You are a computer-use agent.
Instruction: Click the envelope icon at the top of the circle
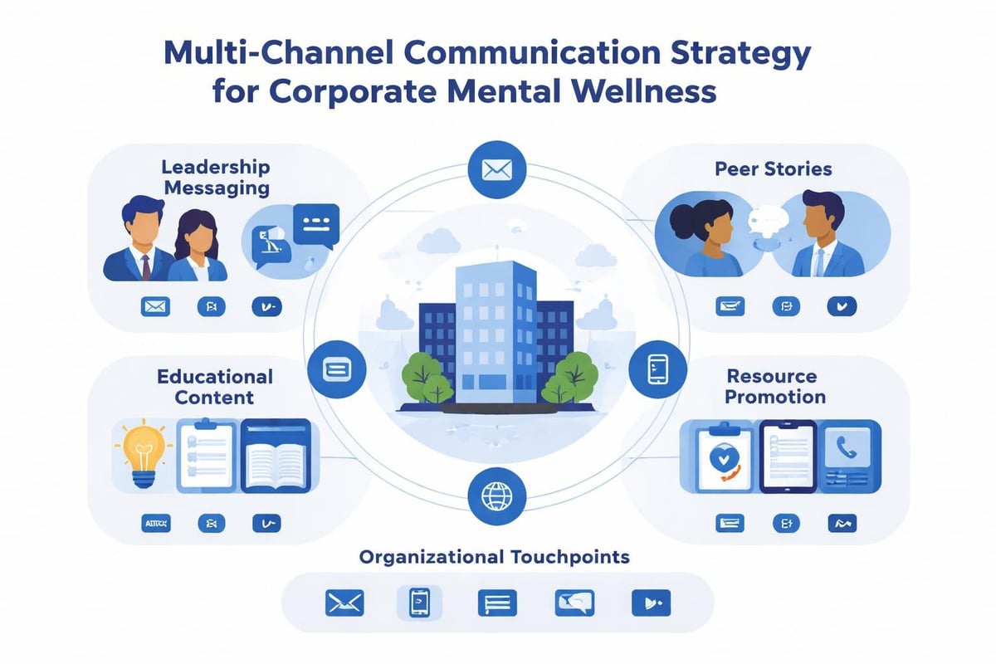pyautogui.click(x=497, y=171)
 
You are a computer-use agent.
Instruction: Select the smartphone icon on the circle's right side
pyautogui.click(x=658, y=367)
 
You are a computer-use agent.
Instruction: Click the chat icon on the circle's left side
pyautogui.click(x=337, y=368)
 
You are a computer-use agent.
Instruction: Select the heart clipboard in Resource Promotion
pyautogui.click(x=719, y=460)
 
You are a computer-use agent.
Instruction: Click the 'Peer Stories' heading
pyautogui.click(x=773, y=168)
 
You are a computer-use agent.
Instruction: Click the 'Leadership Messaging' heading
pyautogui.click(x=216, y=177)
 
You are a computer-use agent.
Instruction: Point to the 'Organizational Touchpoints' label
pyautogui.click(x=495, y=557)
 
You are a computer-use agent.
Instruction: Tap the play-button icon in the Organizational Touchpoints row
pyautogui.click(x=651, y=603)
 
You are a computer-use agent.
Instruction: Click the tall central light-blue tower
pyautogui.click(x=497, y=332)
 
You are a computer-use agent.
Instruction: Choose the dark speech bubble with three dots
pyautogui.click(x=315, y=224)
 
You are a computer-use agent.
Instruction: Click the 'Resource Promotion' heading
pyautogui.click(x=775, y=386)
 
